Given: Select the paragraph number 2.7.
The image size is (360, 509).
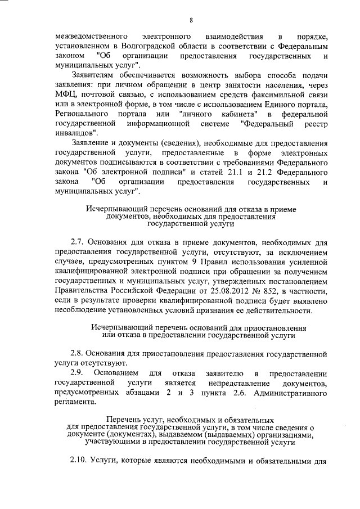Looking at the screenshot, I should pos(79,242).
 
